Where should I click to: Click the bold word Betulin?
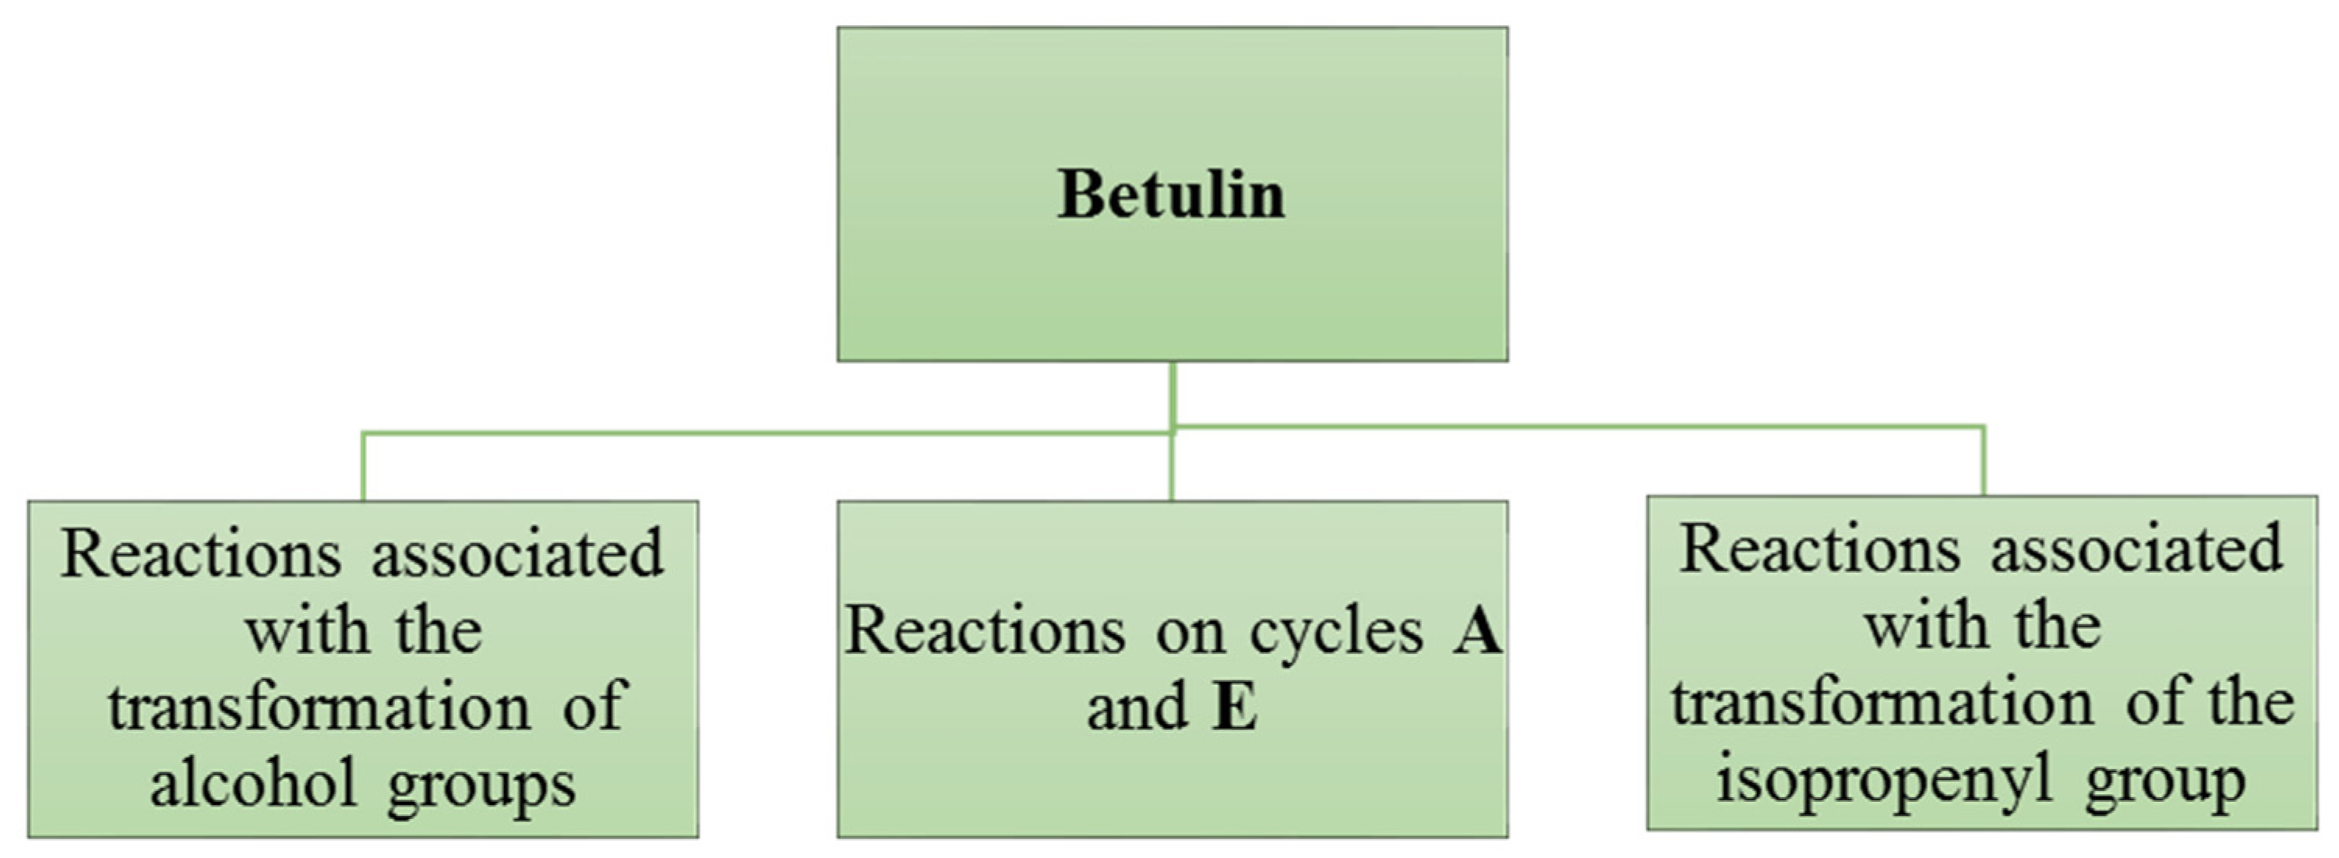click(x=1171, y=195)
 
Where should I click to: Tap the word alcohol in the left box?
click(x=253, y=783)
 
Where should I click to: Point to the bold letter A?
click(x=1477, y=631)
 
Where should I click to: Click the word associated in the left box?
click(x=517, y=553)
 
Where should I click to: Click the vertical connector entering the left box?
click(x=363, y=467)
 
